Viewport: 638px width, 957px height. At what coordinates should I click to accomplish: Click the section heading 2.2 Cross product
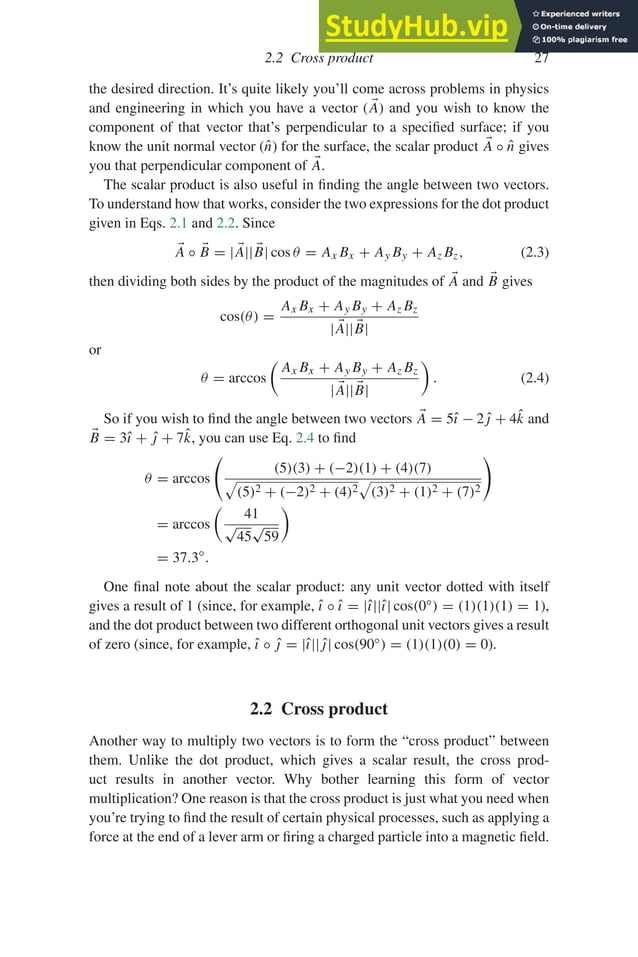point(319,709)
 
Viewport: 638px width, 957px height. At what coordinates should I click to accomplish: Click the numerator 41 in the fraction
point(252,513)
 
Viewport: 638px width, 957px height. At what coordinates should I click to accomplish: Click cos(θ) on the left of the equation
point(242,317)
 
